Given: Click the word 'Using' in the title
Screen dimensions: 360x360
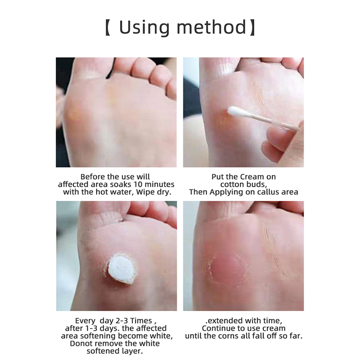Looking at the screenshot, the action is pos(144,28).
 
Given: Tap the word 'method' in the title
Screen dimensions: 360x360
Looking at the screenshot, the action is pos(211,27).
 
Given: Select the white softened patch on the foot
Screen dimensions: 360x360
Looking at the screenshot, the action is pos(121,269).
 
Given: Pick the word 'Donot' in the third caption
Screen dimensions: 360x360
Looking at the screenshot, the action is pos(81,343).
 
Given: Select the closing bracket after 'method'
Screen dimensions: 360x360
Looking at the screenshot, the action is pos(252,27).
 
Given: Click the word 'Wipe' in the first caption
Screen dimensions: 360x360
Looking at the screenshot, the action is pos(146,192).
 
